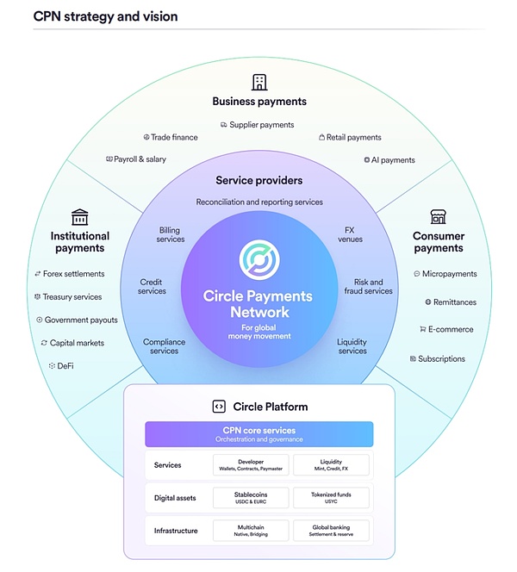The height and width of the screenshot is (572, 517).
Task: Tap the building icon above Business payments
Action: [258, 82]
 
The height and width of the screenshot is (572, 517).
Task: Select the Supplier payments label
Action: [261, 125]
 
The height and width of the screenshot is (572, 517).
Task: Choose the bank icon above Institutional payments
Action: [80, 216]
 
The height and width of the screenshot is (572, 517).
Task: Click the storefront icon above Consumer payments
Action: [438, 216]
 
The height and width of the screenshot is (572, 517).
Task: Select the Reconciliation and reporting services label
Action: [258, 202]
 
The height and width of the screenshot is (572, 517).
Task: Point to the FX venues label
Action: [349, 234]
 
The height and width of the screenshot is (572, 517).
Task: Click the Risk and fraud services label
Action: [369, 287]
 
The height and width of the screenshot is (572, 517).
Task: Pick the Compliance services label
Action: [164, 346]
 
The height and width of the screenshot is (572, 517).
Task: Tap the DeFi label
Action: [65, 366]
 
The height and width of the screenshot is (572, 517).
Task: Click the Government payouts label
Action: [82, 320]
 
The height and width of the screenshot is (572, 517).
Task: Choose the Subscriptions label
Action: [441, 359]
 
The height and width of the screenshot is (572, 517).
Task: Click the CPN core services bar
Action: [258, 434]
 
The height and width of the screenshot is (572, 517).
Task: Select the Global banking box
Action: [331, 530]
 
